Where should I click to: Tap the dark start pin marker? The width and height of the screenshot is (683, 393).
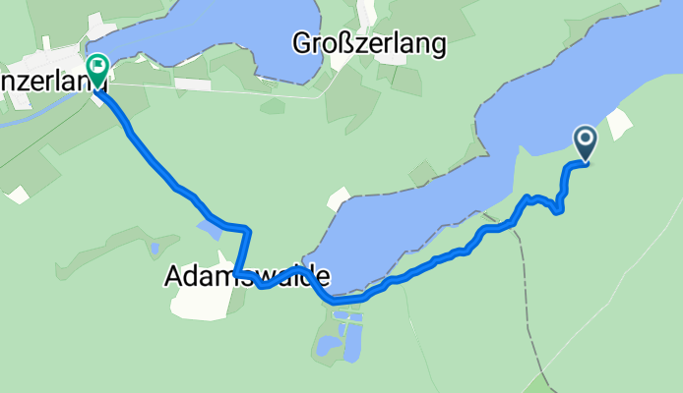586,143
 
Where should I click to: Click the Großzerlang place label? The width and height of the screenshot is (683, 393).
369,44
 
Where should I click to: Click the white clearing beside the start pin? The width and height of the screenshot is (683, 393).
620,123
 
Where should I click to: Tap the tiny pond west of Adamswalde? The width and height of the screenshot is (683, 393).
154,250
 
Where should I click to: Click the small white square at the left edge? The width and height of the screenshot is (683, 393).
18,195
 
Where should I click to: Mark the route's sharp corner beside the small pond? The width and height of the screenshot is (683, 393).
247,229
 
